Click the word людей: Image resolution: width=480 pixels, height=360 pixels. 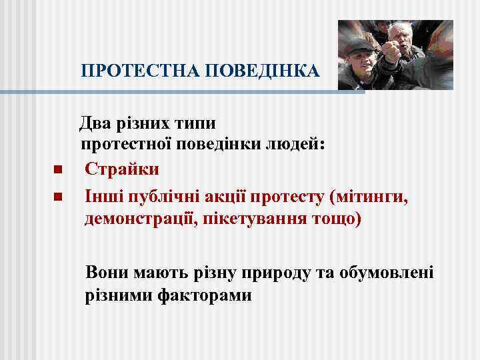click(293, 145)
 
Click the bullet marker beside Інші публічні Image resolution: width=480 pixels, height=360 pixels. click(58, 197)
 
